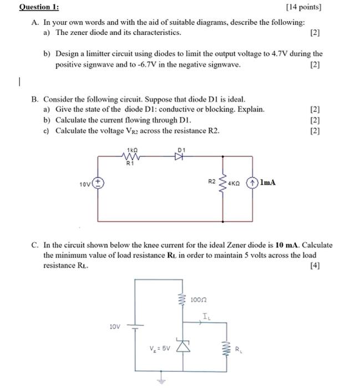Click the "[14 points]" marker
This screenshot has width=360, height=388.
303,8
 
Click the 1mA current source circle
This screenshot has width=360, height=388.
252,182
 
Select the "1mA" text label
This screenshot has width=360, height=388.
267,182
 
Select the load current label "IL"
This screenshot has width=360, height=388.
206,317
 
